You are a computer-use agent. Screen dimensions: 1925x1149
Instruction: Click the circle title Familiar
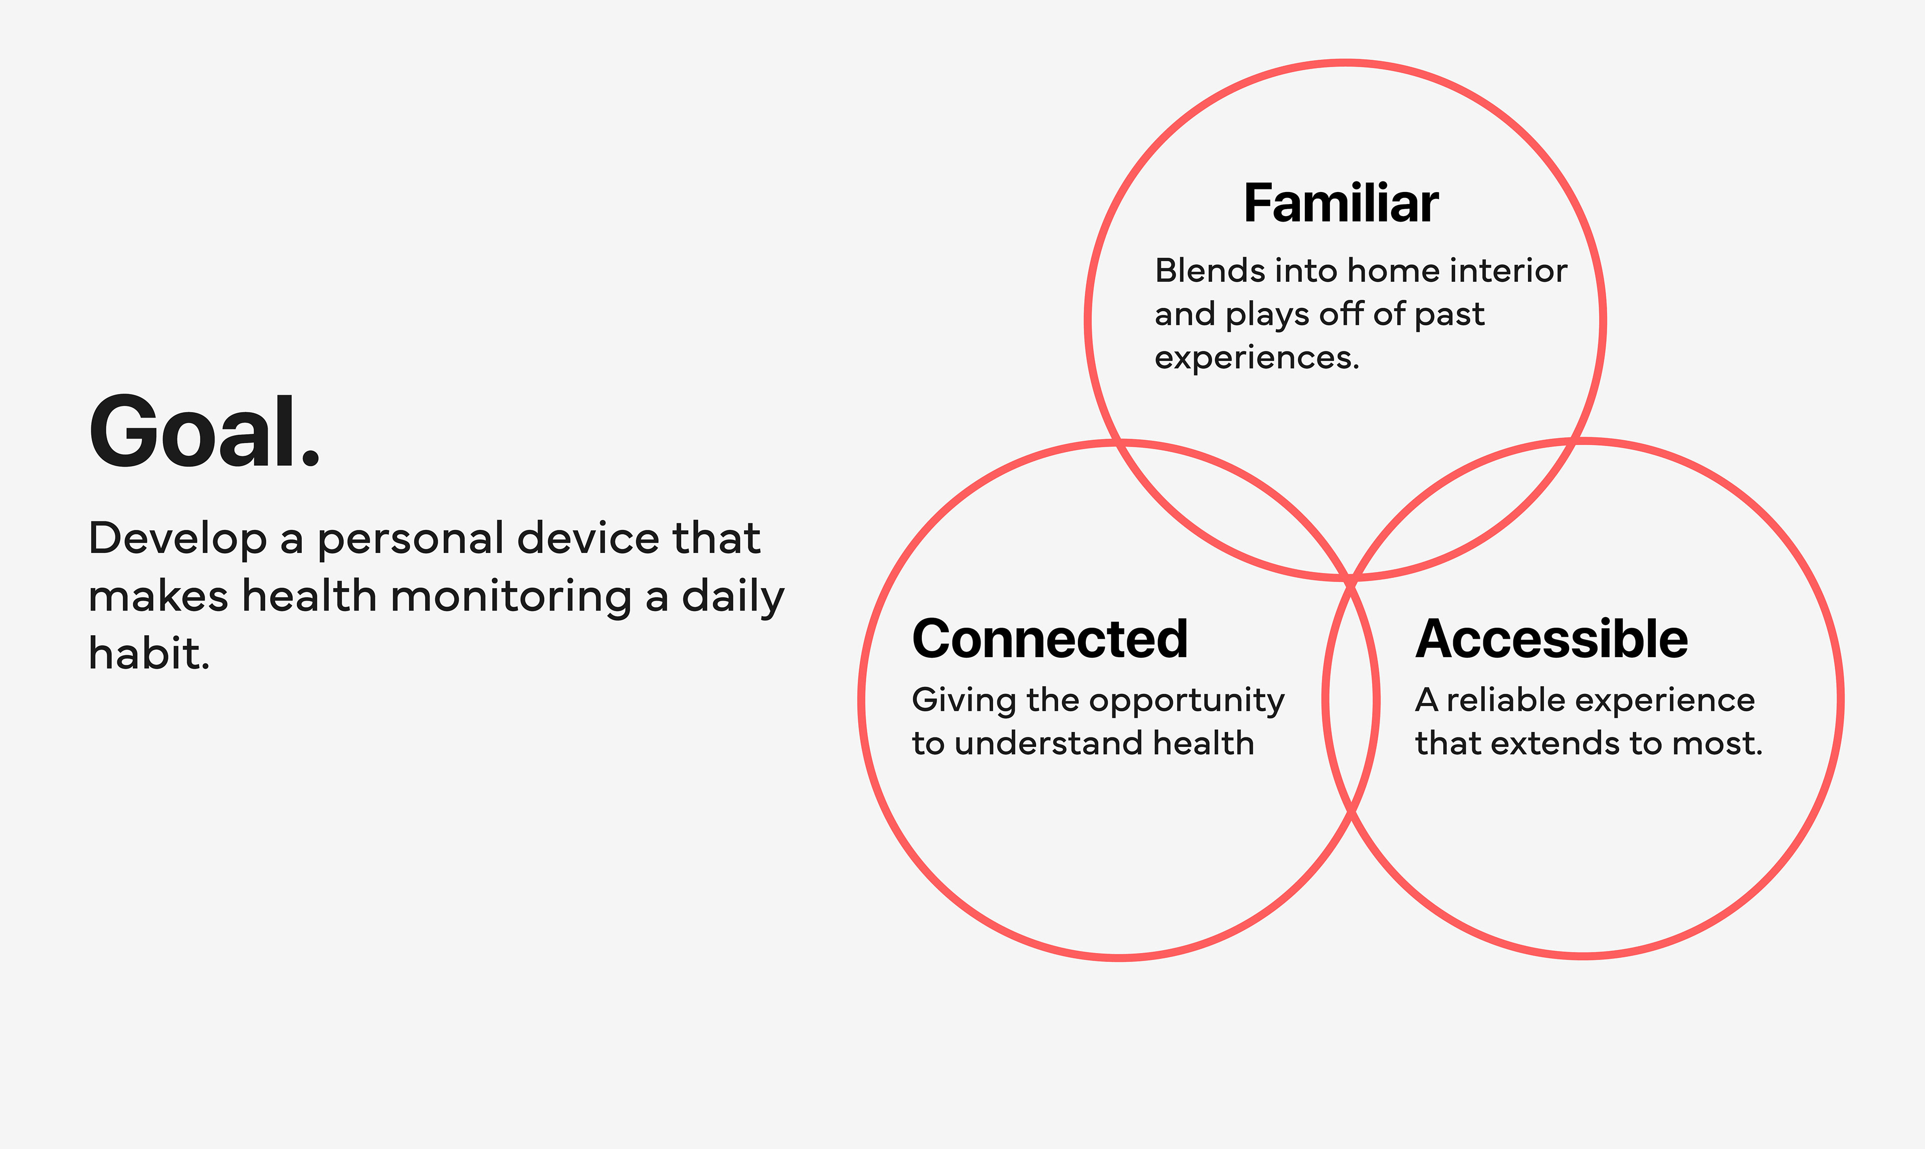(1340, 204)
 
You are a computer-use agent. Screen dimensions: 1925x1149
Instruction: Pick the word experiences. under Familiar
(1256, 358)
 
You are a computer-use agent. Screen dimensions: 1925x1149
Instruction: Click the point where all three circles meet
(1351, 579)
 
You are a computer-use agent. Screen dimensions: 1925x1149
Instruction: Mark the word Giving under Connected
(964, 701)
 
